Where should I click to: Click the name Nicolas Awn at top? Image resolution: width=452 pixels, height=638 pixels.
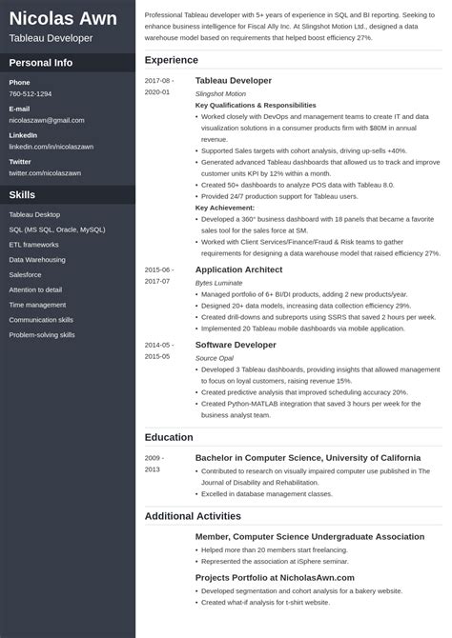pyautogui.click(x=63, y=18)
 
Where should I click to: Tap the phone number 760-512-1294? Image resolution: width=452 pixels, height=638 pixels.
pyautogui.click(x=31, y=94)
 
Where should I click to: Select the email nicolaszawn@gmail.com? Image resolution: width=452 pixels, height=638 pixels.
pyautogui.click(x=47, y=121)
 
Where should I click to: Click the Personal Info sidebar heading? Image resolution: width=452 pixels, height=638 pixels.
pyautogui.click(x=41, y=63)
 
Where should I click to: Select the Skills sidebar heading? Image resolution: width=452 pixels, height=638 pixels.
pyautogui.click(x=23, y=194)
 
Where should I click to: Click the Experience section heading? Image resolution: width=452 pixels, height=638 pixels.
pyautogui.click(x=172, y=60)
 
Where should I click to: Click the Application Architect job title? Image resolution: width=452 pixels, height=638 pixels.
pyautogui.click(x=239, y=269)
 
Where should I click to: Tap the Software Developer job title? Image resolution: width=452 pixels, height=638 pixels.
pyautogui.click(x=236, y=344)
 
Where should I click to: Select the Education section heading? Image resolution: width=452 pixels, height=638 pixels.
pyautogui.click(x=169, y=437)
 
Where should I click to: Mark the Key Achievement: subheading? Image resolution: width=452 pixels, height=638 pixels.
pyautogui.click(x=225, y=207)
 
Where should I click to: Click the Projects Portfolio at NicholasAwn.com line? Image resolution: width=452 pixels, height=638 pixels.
pyautogui.click(x=275, y=577)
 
